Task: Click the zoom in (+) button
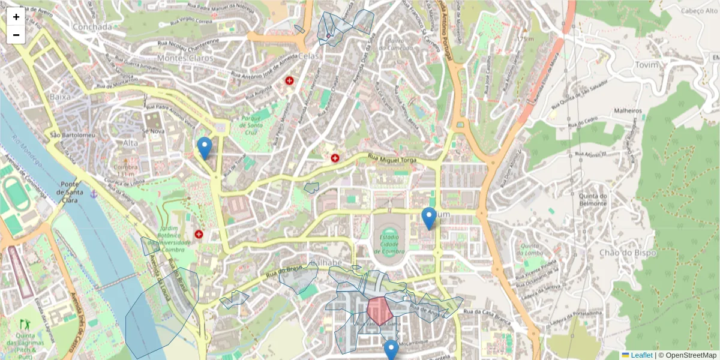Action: coord(16,17)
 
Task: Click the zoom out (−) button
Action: coord(16,35)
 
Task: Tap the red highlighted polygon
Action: coord(379,311)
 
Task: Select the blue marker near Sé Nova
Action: coord(205,148)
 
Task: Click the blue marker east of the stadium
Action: coord(428,218)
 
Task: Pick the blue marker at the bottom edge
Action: coord(391,350)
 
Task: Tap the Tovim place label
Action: coord(646,65)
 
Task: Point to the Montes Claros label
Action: coord(185,58)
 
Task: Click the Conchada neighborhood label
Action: coord(92,27)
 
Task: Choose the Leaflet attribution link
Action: coord(641,355)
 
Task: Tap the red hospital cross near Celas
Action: coord(290,80)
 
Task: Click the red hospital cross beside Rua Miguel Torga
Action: coord(335,158)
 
